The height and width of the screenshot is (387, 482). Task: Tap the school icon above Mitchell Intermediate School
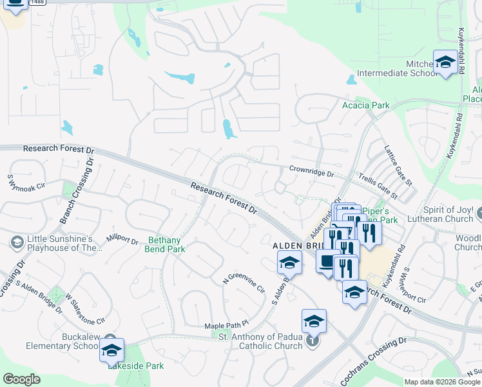tap(445, 63)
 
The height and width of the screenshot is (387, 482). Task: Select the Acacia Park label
tap(366, 105)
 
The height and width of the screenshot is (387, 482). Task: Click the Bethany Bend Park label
tap(167, 244)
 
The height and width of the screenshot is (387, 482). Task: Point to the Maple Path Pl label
tap(226, 326)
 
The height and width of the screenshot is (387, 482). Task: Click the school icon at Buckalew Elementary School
tap(111, 350)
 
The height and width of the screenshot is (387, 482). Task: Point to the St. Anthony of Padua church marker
tap(313, 341)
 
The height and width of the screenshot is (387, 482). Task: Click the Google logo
tap(23, 379)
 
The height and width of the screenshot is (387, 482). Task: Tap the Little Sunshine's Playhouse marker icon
tap(17, 242)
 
